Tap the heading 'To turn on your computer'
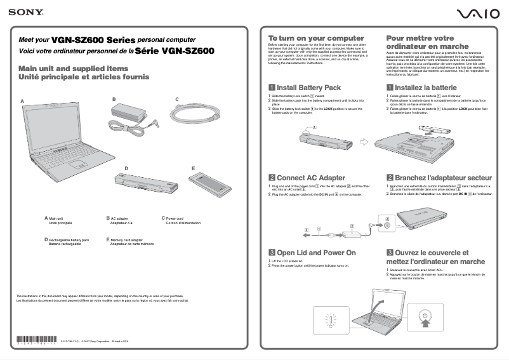coord(316,38)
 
